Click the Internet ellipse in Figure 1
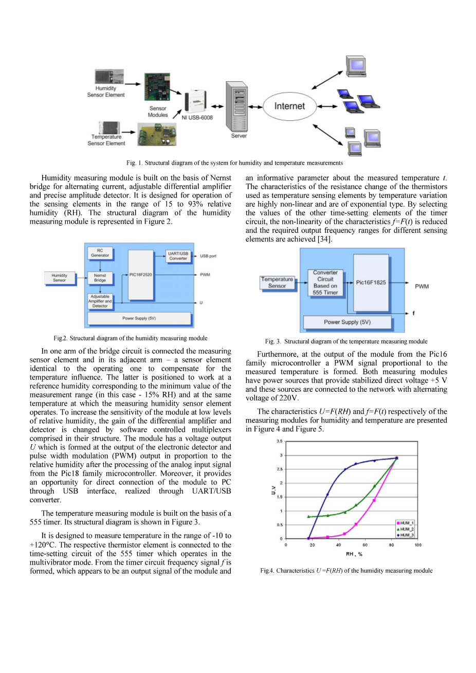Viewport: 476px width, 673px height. (x=289, y=106)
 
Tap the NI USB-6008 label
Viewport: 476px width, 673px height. (x=197, y=118)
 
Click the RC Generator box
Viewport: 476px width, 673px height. (x=100, y=253)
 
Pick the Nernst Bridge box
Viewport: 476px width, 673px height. (x=100, y=278)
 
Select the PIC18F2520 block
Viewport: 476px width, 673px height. (x=140, y=275)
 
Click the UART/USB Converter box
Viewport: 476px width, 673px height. (x=178, y=256)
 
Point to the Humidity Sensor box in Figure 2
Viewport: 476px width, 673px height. (x=60, y=278)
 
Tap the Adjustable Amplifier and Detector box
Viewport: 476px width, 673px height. (x=100, y=301)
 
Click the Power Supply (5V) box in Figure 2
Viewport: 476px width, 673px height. (x=139, y=318)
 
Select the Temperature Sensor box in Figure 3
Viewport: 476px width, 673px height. (x=277, y=282)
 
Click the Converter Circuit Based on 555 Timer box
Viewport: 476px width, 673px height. (x=325, y=283)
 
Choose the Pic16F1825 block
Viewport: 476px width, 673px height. (x=371, y=282)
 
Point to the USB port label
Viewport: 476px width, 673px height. (x=208, y=256)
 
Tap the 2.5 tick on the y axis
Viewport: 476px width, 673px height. (x=280, y=469)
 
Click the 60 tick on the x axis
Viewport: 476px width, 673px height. (x=365, y=545)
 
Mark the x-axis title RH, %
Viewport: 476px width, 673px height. (x=354, y=554)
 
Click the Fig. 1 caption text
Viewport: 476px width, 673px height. (x=234, y=163)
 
